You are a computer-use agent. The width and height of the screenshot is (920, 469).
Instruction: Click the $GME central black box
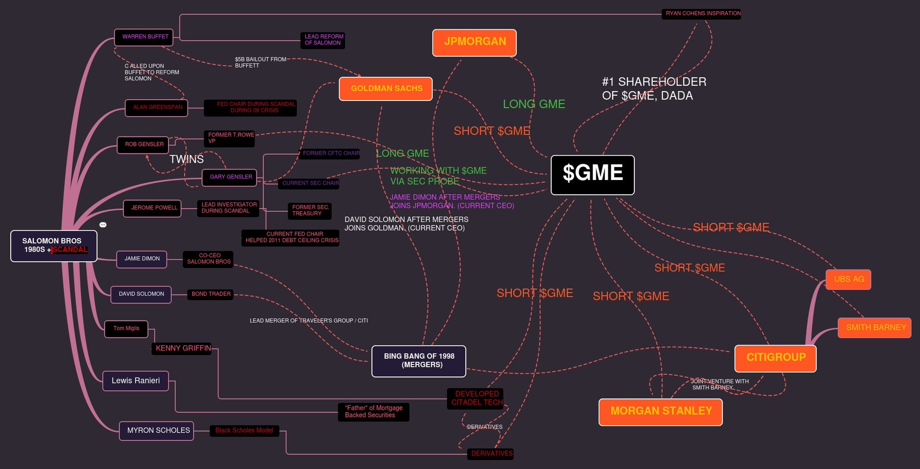coord(593,175)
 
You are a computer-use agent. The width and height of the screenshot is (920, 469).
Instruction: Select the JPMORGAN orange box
coord(474,43)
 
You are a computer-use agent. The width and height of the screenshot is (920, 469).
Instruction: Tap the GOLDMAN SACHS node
coord(386,88)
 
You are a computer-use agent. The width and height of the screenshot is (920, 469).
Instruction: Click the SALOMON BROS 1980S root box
coord(54,246)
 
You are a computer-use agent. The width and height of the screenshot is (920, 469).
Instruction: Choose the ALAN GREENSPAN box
coord(156,108)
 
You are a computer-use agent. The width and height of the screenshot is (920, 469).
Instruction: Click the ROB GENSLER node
coord(143,145)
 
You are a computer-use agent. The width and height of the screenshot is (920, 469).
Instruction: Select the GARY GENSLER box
coord(230,177)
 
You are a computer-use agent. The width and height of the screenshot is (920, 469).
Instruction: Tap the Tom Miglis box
coord(126,329)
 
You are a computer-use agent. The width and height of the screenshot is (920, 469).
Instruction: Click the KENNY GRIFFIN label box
coord(182,348)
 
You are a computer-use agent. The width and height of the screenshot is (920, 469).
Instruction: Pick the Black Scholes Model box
coord(244,430)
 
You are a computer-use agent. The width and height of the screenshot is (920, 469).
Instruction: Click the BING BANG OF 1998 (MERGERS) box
coord(419,361)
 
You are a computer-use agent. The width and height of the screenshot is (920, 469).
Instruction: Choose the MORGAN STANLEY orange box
coord(660,412)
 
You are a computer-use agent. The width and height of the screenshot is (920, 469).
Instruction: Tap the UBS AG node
coord(848,279)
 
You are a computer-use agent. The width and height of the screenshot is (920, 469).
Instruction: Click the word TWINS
coord(186,159)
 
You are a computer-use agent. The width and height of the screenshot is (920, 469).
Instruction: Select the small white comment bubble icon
coord(103,224)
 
